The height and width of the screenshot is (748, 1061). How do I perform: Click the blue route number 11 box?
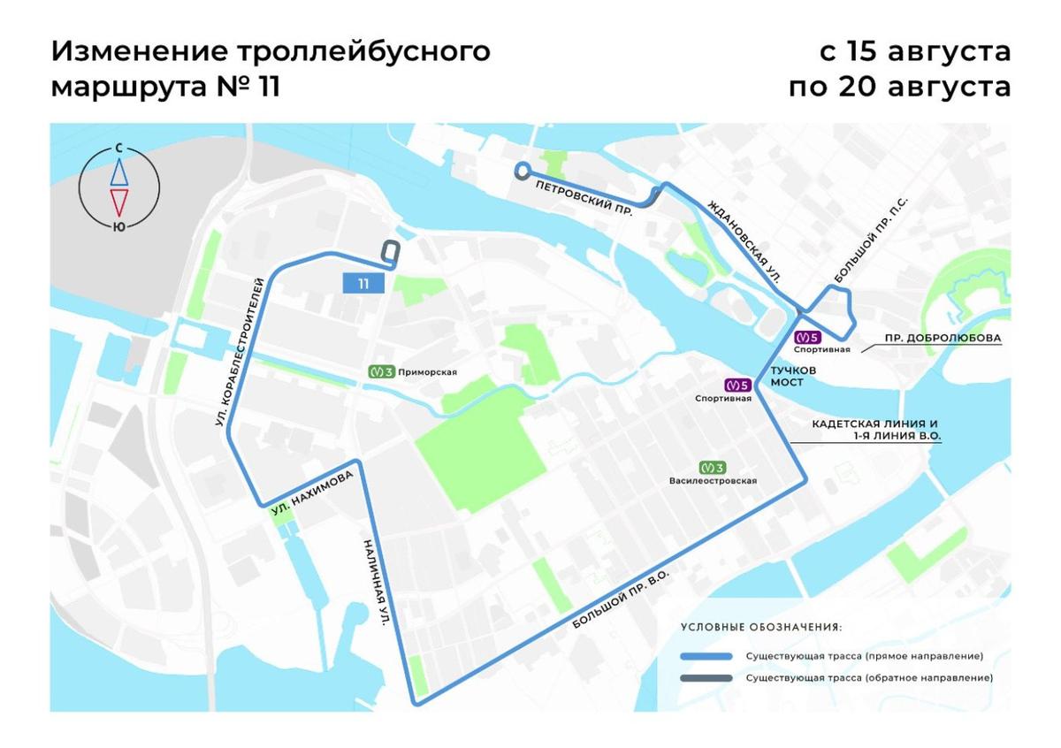363,283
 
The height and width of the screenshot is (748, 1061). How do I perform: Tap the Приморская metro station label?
427,372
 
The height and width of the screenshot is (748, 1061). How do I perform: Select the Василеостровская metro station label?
713,481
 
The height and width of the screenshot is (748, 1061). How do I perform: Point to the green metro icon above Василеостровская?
712,468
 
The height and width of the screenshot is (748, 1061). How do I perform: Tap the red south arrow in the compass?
119,202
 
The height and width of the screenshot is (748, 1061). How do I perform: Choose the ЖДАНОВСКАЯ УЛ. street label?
749,243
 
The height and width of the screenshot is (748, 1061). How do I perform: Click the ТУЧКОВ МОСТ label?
792,376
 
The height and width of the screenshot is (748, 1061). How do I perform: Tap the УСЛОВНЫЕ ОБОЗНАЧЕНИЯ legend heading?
761,627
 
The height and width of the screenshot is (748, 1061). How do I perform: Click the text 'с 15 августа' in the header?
915,51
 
